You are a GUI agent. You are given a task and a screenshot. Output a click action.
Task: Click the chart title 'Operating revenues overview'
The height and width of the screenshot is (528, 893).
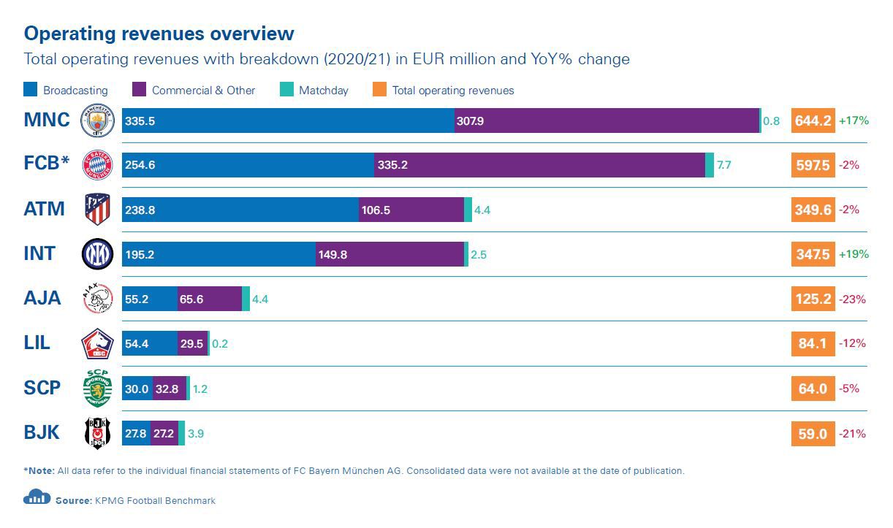click(159, 34)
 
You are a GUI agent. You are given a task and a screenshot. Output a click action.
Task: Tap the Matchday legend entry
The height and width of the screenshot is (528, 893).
click(315, 91)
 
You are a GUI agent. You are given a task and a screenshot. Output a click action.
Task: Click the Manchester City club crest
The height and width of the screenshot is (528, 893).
click(97, 120)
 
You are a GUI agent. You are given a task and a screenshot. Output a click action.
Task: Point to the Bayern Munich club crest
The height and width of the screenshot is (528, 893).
click(97, 165)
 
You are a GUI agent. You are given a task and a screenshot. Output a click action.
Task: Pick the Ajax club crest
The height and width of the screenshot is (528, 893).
click(97, 299)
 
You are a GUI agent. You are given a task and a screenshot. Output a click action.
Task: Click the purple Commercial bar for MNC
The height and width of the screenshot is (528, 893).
click(607, 120)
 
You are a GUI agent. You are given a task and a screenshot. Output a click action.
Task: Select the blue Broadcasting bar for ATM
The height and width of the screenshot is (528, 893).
click(240, 210)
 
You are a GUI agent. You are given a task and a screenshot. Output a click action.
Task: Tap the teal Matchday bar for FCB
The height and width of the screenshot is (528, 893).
click(710, 165)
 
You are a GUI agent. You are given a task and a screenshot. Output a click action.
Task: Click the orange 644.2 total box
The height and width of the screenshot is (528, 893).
click(813, 120)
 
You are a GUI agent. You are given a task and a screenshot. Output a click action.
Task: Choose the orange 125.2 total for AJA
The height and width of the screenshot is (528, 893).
click(813, 299)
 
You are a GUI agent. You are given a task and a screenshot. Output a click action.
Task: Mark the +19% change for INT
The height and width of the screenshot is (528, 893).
click(854, 254)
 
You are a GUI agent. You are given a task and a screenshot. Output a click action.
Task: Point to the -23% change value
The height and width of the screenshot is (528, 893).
click(853, 299)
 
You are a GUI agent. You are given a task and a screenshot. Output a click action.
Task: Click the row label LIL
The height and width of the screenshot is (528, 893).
click(37, 343)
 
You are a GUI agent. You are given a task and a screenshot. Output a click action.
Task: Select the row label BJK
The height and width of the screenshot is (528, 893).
click(42, 433)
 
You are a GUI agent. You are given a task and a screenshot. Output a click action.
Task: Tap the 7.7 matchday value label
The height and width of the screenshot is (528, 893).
click(723, 165)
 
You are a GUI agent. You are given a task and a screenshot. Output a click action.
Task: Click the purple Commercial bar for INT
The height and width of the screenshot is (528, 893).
click(390, 254)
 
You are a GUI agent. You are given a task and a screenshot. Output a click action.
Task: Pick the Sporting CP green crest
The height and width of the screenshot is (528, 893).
click(97, 389)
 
